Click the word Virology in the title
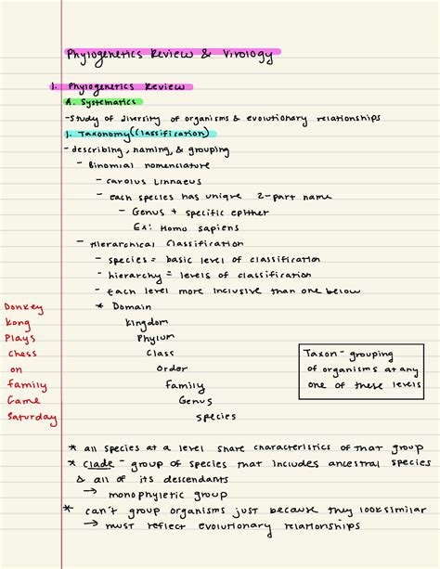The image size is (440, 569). pyautogui.click(x=247, y=55)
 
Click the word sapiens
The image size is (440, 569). pyautogui.click(x=217, y=227)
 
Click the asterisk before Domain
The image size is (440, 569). pyautogui.click(x=100, y=305)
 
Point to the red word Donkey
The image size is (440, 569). pyautogui.click(x=23, y=306)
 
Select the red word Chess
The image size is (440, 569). pyautogui.click(x=22, y=353)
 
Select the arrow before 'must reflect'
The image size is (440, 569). pyautogui.click(x=91, y=525)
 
